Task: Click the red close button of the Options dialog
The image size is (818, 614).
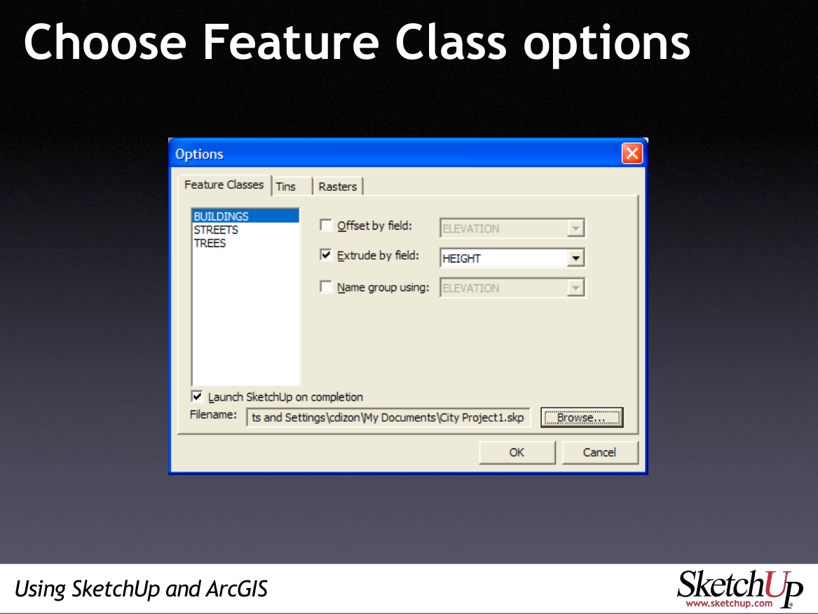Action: [632, 154]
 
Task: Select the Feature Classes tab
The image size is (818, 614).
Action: [224, 185]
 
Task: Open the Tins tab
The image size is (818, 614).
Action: [286, 187]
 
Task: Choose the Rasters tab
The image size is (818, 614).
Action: [338, 187]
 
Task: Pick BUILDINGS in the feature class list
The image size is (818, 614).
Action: [221, 216]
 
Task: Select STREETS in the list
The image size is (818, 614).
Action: [216, 229]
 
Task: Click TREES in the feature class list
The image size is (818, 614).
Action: [210, 243]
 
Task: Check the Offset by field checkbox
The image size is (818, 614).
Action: [326, 225]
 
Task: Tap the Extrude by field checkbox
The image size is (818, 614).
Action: [326, 255]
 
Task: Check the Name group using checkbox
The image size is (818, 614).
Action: [326, 286]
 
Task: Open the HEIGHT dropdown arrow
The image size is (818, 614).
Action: [575, 258]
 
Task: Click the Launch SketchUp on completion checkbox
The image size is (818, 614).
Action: [197, 396]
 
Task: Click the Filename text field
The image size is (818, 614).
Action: [388, 418]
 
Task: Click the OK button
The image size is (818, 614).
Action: [517, 452]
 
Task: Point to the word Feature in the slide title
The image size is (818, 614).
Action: [290, 42]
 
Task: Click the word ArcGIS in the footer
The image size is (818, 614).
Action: [237, 589]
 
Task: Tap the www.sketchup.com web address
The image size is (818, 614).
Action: [729, 603]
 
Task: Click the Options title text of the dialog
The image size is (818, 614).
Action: [199, 154]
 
